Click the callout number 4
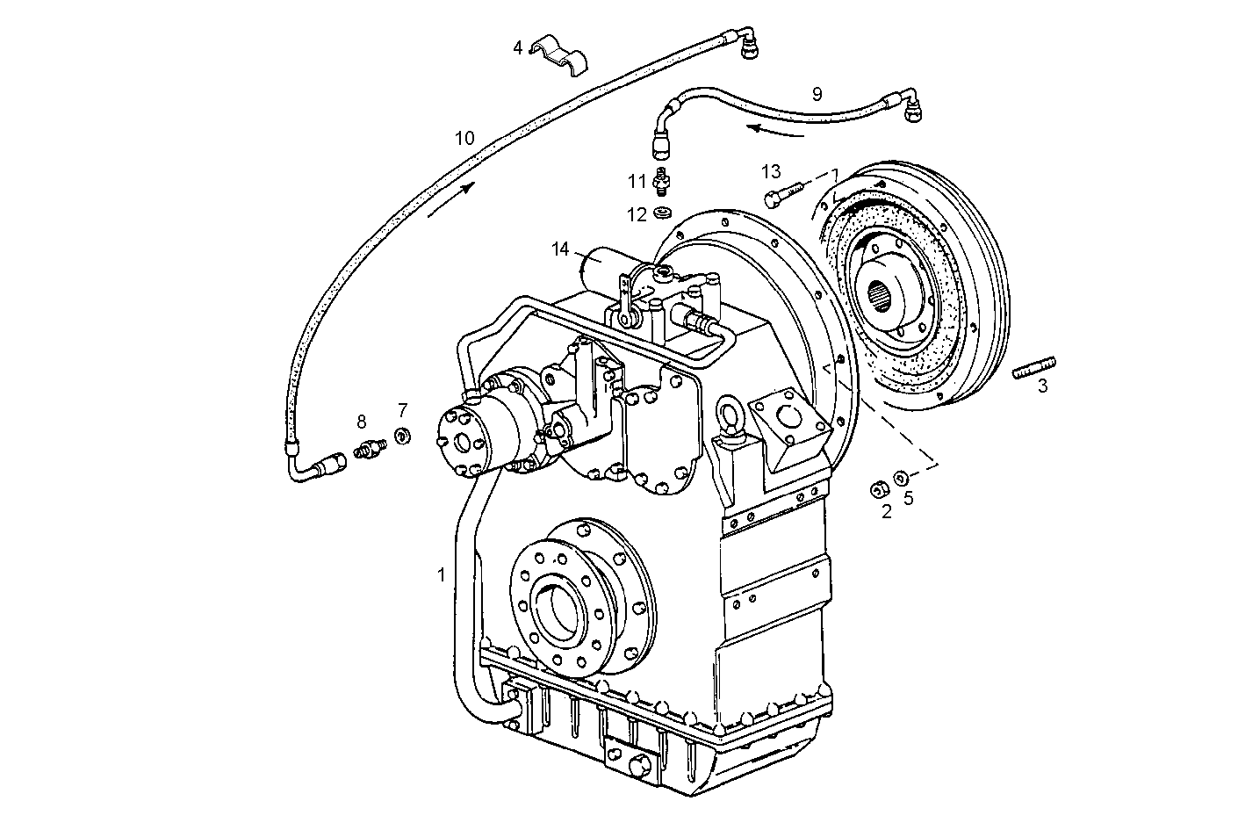(518, 47)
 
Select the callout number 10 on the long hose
(464, 138)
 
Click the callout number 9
(817, 93)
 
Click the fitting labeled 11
(665, 179)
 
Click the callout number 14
(561, 249)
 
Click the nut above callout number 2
(876, 488)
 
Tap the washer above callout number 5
(901, 478)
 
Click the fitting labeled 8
(371, 449)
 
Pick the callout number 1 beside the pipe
(442, 575)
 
